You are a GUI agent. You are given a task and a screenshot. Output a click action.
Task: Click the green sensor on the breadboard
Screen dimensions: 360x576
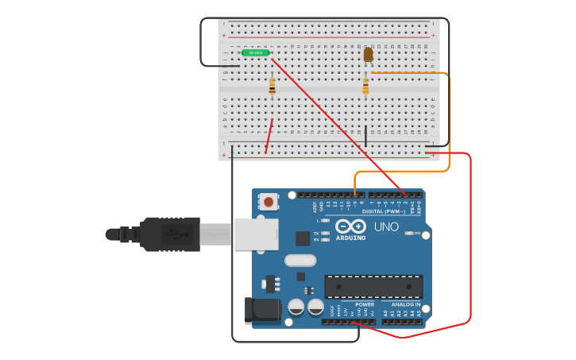point(256,52)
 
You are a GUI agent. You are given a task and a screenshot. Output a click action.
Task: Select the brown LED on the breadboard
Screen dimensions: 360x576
point(368,54)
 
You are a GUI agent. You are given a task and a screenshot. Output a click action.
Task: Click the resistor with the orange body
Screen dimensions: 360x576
point(365,86)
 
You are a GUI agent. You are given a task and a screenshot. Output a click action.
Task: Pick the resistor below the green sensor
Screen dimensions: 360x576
point(272,87)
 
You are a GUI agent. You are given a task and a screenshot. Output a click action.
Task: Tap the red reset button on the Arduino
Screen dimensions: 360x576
point(269,202)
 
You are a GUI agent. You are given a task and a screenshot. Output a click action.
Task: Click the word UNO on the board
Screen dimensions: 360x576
point(386,226)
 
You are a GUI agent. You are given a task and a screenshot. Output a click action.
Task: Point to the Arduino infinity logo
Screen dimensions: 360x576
point(350,225)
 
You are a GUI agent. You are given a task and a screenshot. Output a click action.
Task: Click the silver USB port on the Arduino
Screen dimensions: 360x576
point(255,234)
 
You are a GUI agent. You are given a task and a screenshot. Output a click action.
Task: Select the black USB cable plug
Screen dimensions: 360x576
point(170,234)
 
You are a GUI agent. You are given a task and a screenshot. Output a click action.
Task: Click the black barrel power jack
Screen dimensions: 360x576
point(263,310)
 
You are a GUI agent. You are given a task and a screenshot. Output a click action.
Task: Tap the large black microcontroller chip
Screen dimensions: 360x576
point(373,286)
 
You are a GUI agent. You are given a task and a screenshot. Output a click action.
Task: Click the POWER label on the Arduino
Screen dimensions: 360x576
point(365,304)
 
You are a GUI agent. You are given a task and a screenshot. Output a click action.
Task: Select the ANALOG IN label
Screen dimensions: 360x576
point(405,304)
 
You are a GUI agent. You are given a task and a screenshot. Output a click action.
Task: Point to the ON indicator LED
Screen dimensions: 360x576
point(408,233)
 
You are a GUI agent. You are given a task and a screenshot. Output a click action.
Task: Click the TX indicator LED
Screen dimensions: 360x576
point(326,233)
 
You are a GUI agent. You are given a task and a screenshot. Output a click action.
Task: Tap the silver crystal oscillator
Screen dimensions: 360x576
point(300,260)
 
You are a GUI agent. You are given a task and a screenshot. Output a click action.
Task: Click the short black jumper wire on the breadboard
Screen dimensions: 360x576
point(365,137)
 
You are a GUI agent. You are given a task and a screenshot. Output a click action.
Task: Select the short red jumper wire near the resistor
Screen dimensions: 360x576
point(269,136)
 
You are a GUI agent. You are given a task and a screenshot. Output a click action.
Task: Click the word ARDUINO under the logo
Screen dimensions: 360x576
point(350,238)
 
